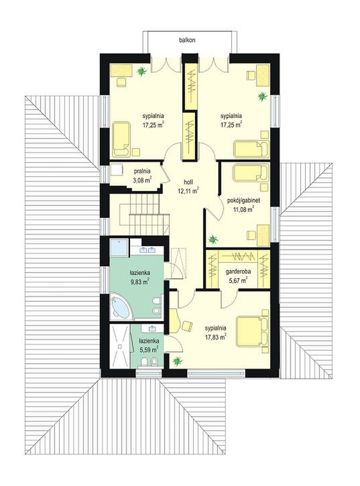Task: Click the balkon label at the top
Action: point(187,40)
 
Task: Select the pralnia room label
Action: point(142,176)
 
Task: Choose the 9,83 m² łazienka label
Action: point(139,277)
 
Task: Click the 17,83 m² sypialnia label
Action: point(215,332)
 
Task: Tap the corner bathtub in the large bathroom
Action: point(121,307)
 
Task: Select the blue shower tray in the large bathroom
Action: point(119,247)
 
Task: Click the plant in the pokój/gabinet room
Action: point(213,239)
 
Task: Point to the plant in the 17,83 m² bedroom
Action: point(178,361)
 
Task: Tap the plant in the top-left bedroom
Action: point(141,72)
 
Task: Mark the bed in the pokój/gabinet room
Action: point(251,173)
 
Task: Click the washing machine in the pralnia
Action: point(117,170)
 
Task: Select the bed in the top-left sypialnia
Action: point(121,139)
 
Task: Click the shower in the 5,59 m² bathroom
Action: point(120,346)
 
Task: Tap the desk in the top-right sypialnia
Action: point(263,75)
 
